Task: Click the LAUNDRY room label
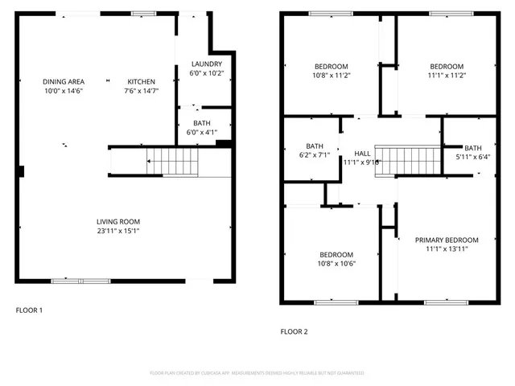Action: coord(206,64)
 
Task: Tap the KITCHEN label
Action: coord(141,82)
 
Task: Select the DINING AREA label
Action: coord(64,82)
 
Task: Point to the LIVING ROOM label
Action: coord(118,222)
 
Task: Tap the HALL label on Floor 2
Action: coord(362,153)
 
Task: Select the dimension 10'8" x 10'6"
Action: coord(331,263)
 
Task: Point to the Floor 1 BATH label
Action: coord(201,123)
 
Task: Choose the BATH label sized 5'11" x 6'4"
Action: coord(472,148)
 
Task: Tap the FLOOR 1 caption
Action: coord(30,310)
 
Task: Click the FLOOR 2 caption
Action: coord(294,331)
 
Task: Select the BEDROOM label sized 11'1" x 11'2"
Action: coord(446,66)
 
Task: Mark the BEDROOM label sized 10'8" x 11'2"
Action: coord(331,66)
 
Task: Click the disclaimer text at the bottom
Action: coord(257,373)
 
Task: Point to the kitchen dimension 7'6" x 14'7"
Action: coord(141,92)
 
